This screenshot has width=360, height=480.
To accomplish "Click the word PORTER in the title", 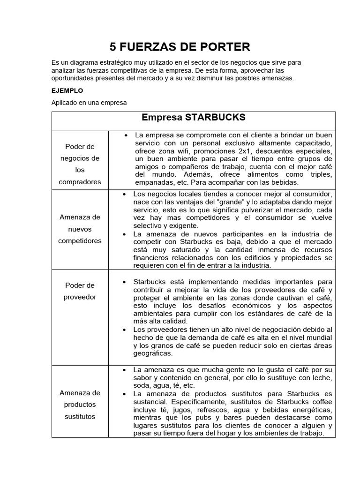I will point(224,46).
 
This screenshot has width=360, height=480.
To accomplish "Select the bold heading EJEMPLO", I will point(67,90).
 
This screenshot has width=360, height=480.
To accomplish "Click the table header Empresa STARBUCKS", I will point(194,117).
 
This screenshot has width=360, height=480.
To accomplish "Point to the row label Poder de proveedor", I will point(80,291).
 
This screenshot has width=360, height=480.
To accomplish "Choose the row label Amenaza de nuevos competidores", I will point(80,229).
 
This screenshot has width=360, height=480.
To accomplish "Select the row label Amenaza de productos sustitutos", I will point(80,405).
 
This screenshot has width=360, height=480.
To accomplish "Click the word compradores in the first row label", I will point(80,181).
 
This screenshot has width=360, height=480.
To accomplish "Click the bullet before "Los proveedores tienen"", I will point(124,330).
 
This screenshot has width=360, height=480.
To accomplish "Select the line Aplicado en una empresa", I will point(89,102).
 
